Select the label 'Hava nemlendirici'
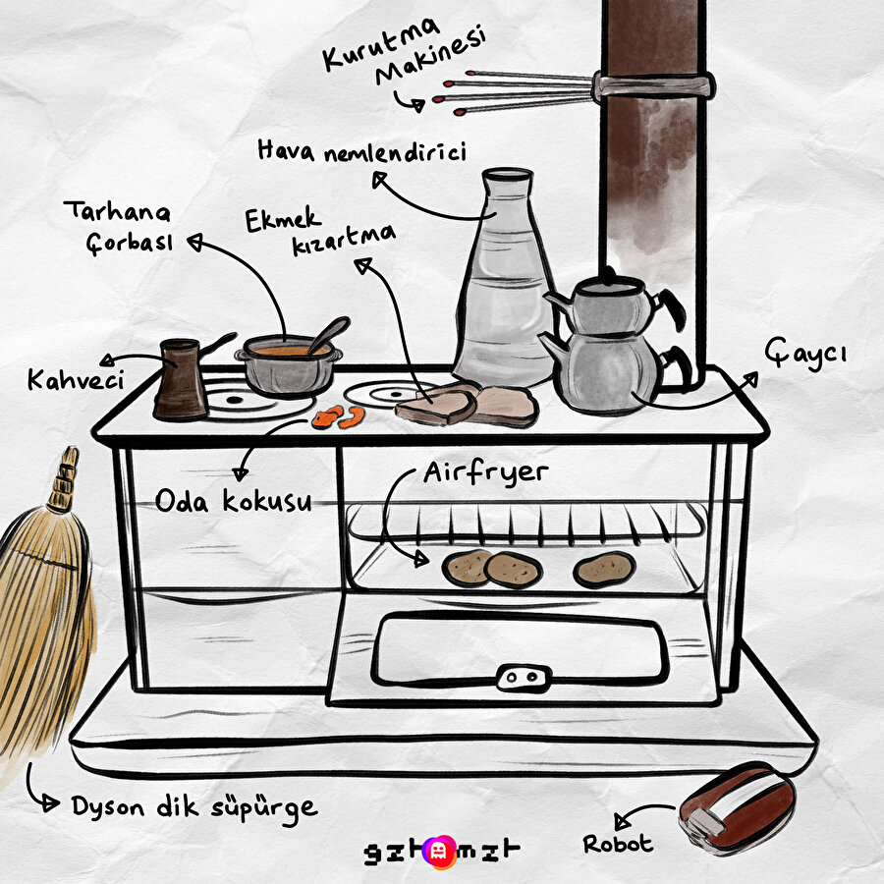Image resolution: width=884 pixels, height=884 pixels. point(361,152)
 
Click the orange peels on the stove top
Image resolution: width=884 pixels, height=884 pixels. point(338,417)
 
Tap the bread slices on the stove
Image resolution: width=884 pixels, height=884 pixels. point(467,405)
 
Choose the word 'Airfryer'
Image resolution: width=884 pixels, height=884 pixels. point(486,473)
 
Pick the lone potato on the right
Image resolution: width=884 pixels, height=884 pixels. point(604,570)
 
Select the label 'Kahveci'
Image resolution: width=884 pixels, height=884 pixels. point(76,380)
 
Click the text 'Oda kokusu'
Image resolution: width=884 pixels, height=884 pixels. point(234,501)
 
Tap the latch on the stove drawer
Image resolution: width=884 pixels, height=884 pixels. point(524,678)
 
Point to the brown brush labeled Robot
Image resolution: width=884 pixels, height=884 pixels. point(738,808)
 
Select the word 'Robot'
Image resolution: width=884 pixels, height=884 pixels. point(618,844)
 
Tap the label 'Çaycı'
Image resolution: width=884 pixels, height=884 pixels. point(806,353)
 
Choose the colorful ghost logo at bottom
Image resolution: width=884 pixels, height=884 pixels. point(441,852)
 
